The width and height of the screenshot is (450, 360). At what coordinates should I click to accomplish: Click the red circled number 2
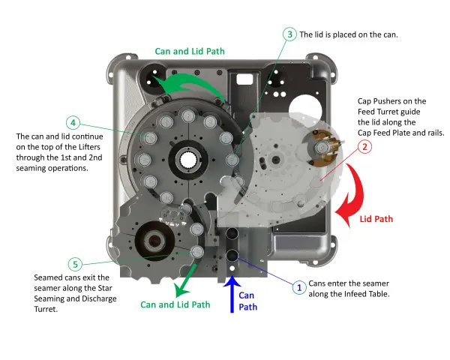pyautogui.click(x=364, y=147)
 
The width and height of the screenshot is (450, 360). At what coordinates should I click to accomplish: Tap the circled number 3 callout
pyautogui.click(x=289, y=34)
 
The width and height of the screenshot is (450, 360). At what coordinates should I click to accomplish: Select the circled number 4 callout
pyautogui.click(x=73, y=122)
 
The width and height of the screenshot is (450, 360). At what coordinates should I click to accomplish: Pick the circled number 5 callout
pyautogui.click(x=74, y=264)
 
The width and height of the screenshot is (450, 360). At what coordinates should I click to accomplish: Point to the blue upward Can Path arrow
pyautogui.click(x=232, y=295)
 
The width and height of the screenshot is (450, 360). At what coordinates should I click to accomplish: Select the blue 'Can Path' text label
pyautogui.click(x=247, y=301)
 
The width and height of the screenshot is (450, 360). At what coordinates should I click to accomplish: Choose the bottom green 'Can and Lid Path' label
pyautogui.click(x=175, y=304)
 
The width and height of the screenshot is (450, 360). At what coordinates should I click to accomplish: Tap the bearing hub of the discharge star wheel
pyautogui.click(x=156, y=242)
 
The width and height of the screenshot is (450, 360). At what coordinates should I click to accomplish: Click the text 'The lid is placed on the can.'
pyautogui.click(x=349, y=34)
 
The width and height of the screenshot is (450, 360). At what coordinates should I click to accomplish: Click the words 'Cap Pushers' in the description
pyautogui.click(x=377, y=101)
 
